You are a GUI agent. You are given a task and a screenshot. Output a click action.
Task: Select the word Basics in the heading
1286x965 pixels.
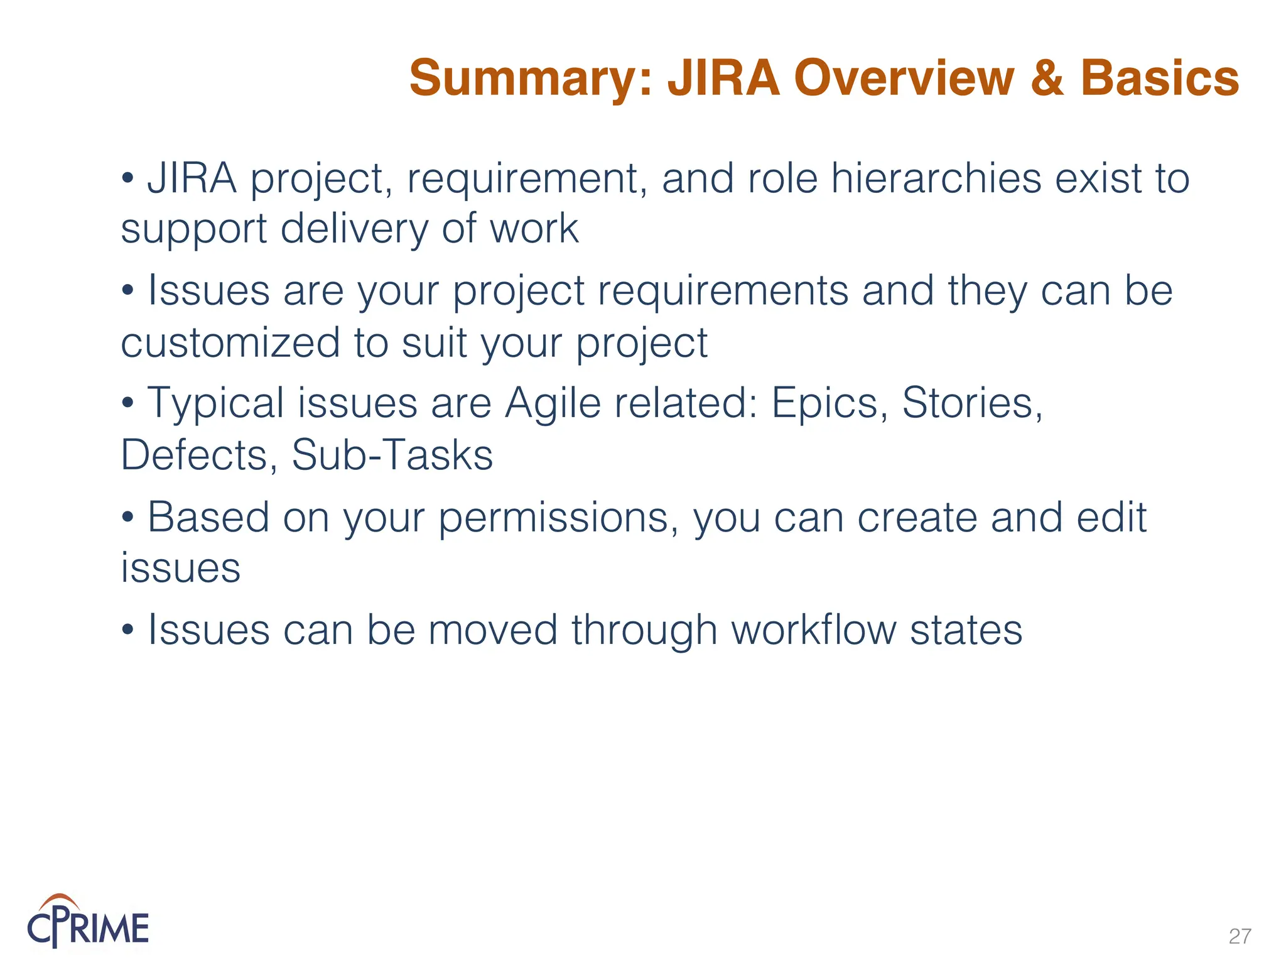pyautogui.click(x=1159, y=79)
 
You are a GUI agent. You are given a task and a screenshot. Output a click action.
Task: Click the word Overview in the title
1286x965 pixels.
pyautogui.click(x=904, y=79)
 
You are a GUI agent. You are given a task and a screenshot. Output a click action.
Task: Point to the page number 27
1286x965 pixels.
pyautogui.click(x=1240, y=936)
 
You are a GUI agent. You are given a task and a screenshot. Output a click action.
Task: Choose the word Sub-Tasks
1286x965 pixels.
pyautogui.click(x=392, y=455)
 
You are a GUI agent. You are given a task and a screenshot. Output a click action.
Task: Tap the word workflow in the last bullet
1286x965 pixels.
pyautogui.click(x=814, y=630)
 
